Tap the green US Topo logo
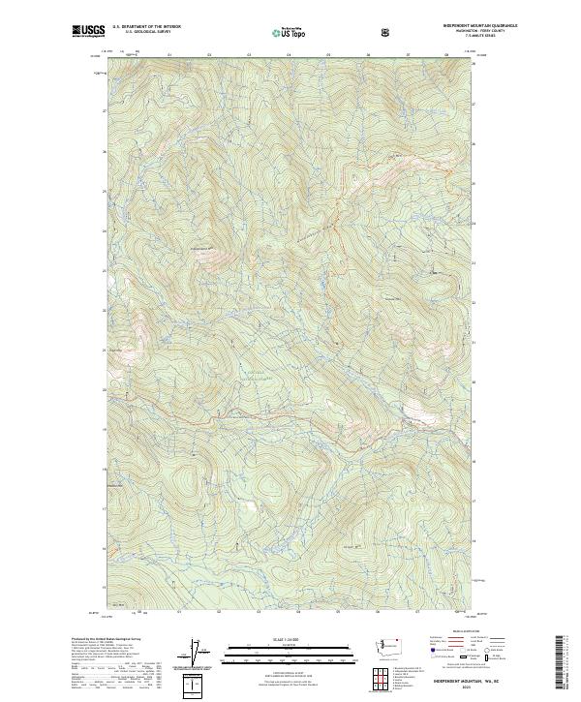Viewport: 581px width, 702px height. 290,33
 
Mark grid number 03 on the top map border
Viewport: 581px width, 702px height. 210,55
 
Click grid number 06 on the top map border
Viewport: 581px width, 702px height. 369,55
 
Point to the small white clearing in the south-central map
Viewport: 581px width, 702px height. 253,505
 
